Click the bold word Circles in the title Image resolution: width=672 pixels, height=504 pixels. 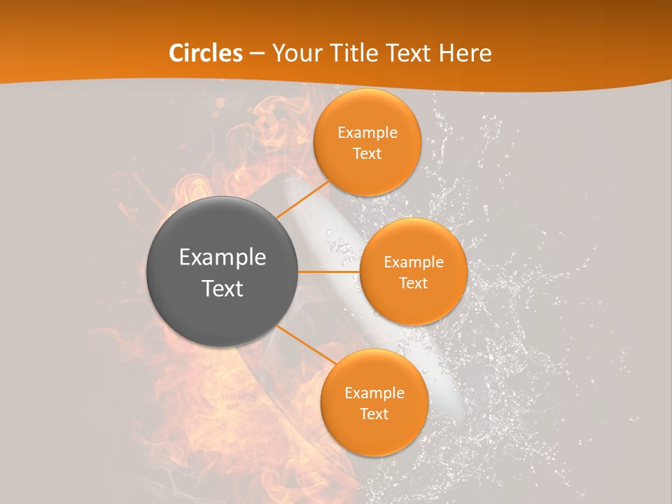[x=205, y=53]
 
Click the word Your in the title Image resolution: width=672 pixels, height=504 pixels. [x=294, y=53]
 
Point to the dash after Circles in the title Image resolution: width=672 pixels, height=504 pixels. [x=257, y=54]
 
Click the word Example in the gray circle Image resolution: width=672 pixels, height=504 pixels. [x=223, y=258]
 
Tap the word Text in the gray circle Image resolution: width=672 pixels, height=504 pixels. [x=223, y=288]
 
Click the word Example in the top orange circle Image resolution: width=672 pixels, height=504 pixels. [x=367, y=132]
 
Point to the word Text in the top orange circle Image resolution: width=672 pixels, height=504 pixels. [x=367, y=153]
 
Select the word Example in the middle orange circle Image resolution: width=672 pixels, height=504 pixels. [x=413, y=262]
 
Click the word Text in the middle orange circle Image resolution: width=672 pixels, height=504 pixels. [x=413, y=283]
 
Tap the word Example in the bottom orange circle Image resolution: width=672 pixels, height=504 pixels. [x=374, y=393]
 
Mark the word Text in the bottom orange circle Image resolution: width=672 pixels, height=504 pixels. [x=374, y=414]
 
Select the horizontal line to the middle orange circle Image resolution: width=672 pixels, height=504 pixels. [x=329, y=272]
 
